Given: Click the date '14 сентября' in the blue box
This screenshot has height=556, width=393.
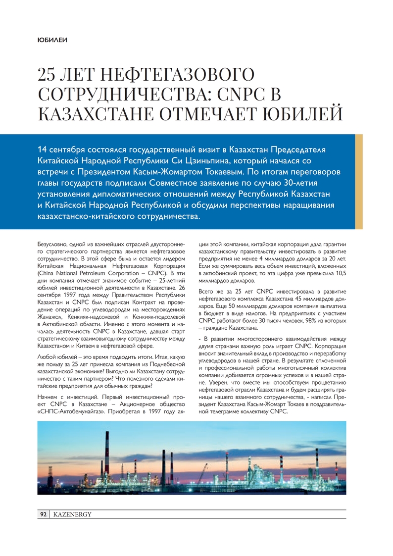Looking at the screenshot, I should tap(62, 150).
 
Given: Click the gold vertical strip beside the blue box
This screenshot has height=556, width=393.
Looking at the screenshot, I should tap(359, 181).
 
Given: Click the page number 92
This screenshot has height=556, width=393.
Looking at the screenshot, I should tap(43, 515).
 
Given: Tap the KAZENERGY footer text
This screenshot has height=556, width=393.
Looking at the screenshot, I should tap(72, 515).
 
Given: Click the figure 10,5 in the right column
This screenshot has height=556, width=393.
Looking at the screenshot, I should tap(341, 273).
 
